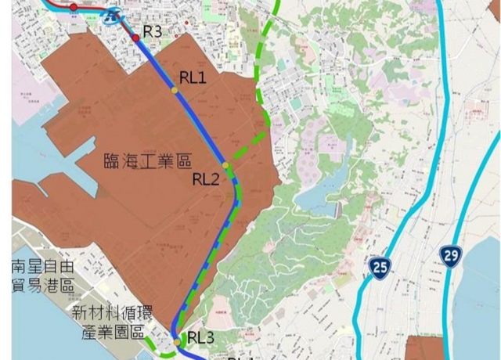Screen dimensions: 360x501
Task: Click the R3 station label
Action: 152,31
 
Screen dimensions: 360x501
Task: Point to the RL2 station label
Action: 206,178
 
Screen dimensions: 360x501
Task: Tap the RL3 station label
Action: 200,337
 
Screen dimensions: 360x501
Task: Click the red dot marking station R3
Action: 135,37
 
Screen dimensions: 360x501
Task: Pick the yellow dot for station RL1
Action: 175,91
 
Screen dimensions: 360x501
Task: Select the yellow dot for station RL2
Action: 225,166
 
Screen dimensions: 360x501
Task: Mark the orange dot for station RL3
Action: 178,341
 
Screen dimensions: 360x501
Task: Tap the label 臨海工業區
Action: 147,161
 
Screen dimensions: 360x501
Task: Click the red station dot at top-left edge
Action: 73,7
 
